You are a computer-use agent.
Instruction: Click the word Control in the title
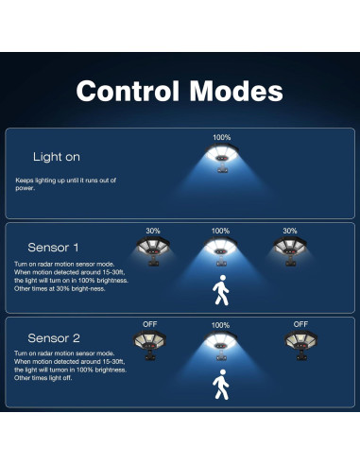127,92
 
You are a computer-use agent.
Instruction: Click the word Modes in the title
234,92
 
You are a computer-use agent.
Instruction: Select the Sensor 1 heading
55,248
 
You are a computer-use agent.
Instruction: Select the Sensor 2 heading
55,337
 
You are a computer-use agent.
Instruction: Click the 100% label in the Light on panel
221,138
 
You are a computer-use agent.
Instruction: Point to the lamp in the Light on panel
221,157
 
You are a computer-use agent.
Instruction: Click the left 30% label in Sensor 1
153,231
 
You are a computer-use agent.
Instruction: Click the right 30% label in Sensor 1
290,231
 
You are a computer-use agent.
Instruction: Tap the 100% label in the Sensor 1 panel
221,231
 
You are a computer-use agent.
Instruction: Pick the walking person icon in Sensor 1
221,291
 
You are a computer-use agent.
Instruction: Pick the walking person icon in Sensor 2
221,385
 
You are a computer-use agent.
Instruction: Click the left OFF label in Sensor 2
151,324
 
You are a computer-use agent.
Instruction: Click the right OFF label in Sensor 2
300,324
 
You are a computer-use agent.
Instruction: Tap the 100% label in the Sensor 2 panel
221,324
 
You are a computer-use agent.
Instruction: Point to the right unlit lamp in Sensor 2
300,342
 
